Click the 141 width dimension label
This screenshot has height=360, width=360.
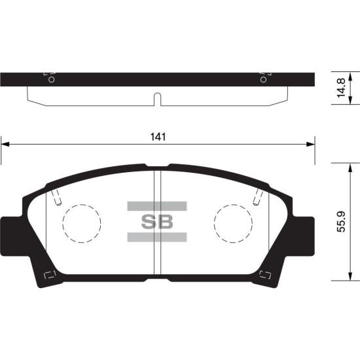(x=158, y=137)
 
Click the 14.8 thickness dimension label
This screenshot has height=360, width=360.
(x=341, y=88)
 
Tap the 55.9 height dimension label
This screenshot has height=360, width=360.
(x=341, y=222)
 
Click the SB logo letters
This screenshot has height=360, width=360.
(x=157, y=222)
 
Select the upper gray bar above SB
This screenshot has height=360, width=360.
(x=157, y=206)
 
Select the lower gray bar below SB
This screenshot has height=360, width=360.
(x=157, y=237)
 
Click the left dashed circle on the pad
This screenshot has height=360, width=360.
(x=62, y=223)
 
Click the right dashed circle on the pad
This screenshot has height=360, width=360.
(x=214, y=223)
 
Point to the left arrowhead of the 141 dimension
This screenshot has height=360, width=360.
(x=5, y=144)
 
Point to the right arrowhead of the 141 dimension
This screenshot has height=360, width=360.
(x=311, y=144)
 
